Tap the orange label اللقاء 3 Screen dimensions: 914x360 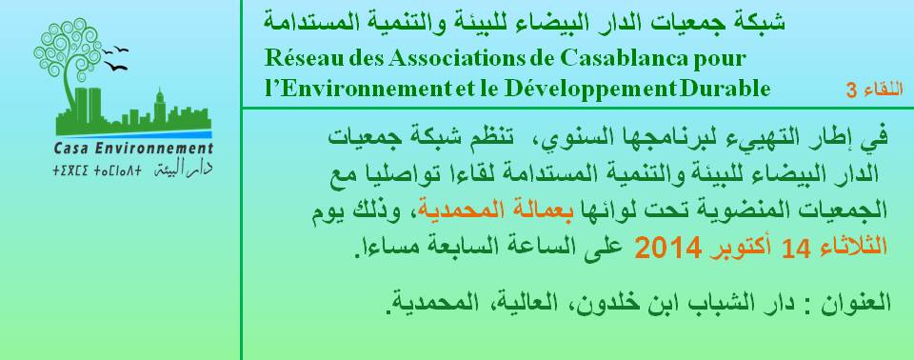[x=875, y=90]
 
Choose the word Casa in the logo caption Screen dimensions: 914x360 [x=69, y=149]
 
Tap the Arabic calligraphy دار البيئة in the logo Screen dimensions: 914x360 [x=183, y=170]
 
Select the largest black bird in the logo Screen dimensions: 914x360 [x=116, y=68]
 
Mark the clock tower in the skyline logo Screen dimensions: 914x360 [x=160, y=105]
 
